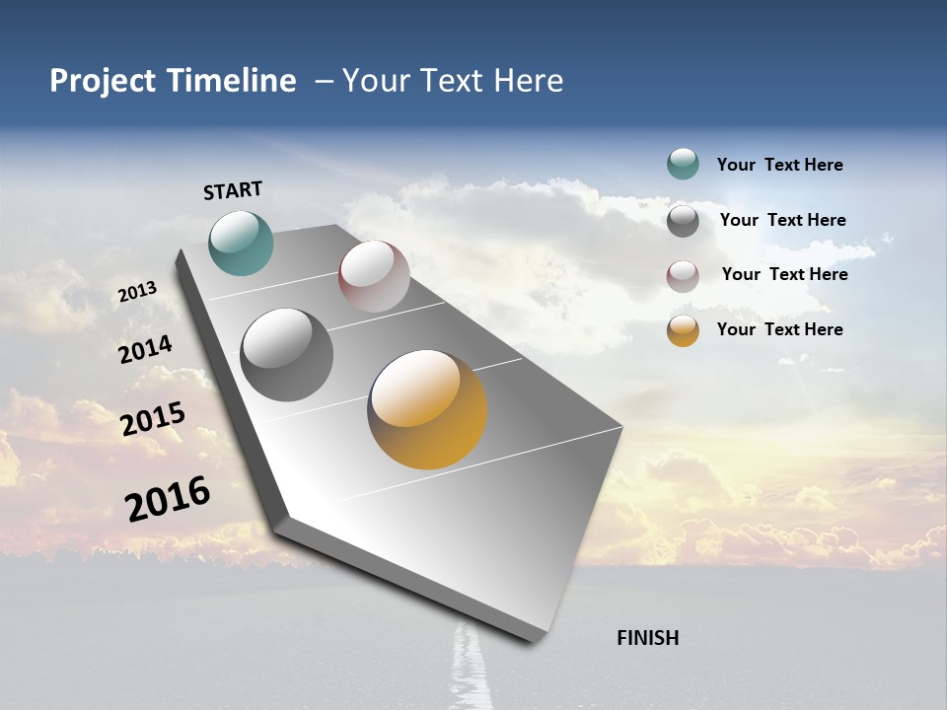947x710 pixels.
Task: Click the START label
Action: (233, 190)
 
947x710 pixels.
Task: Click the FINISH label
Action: (647, 638)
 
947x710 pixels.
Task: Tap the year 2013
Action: (137, 292)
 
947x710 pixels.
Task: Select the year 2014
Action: (145, 350)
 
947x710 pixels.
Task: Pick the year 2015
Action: (153, 418)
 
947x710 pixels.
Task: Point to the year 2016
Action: (168, 498)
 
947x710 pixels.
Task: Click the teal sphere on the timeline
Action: (241, 243)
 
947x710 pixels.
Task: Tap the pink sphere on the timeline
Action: (374, 275)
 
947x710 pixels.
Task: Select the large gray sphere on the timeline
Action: (286, 354)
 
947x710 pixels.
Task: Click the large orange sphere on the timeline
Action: (427, 408)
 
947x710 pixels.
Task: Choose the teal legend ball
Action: (683, 165)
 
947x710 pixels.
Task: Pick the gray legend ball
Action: (683, 220)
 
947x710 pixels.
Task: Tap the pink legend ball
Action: (683, 275)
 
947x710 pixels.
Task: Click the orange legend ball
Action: (683, 330)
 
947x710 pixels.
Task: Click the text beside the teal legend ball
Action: (779, 165)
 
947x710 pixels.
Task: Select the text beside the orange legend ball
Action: (779, 329)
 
